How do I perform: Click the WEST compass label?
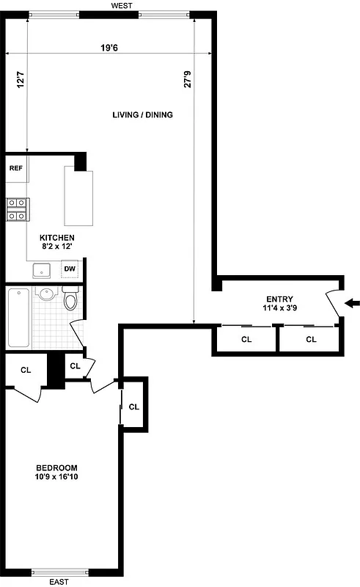pyautogui.click(x=121, y=5)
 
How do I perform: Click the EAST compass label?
pyautogui.click(x=59, y=582)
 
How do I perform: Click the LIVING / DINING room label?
pyautogui.click(x=142, y=115)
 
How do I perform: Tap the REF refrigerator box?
pyautogui.click(x=15, y=168)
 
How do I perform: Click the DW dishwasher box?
pyautogui.click(x=70, y=269)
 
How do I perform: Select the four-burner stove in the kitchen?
pyautogui.click(x=17, y=209)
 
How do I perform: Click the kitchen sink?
pyautogui.click(x=42, y=270)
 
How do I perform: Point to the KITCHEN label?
pyautogui.click(x=56, y=238)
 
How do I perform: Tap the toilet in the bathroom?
pyautogui.click(x=70, y=299)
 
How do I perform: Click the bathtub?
pyautogui.click(x=18, y=318)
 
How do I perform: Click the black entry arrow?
pyautogui.click(x=351, y=303)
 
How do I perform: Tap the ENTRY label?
pyautogui.click(x=279, y=299)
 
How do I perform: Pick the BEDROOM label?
pyautogui.click(x=56, y=467)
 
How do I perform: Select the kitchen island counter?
pyautogui.click(x=80, y=197)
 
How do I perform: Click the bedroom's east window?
pyautogui.click(x=59, y=572)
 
